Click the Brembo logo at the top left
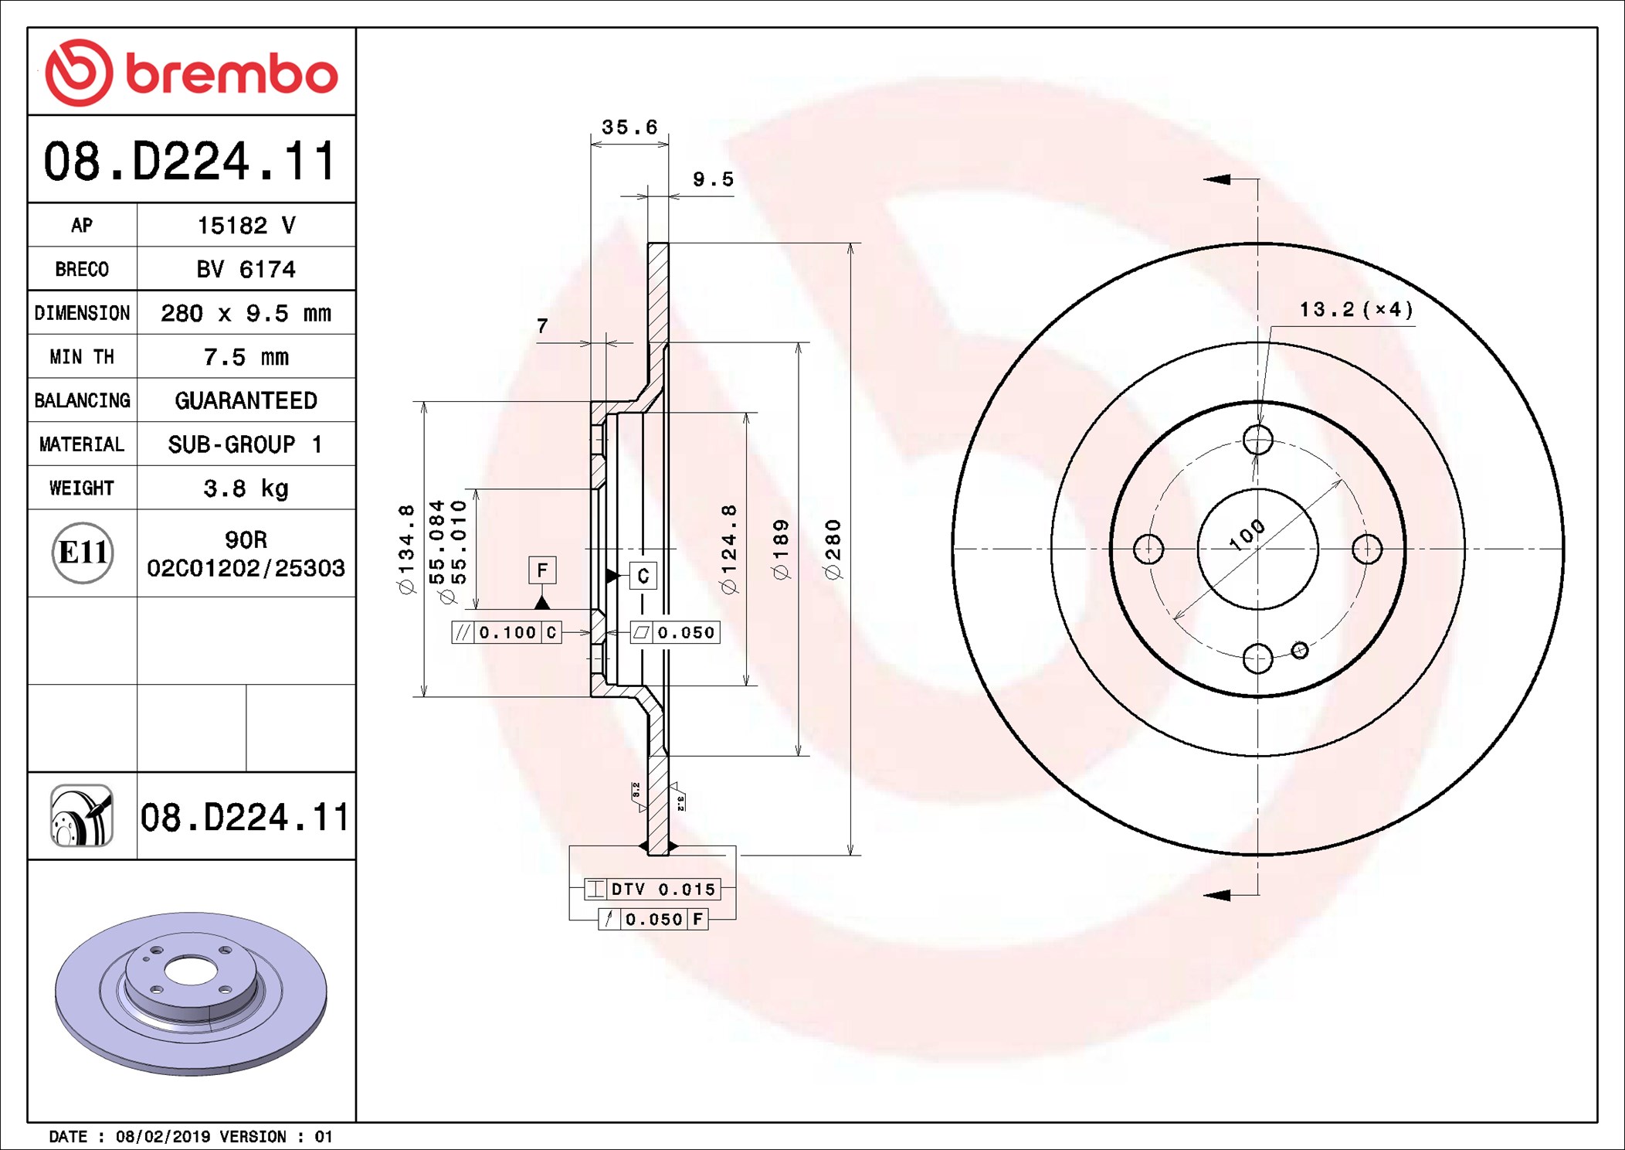[x=191, y=73]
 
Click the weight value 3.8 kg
[x=246, y=488]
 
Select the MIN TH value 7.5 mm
[x=246, y=357]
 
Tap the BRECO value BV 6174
[x=246, y=269]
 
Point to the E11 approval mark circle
[x=83, y=553]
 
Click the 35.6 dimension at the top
[x=629, y=127]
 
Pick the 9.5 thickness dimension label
[x=713, y=179]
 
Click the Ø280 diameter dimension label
[x=833, y=549]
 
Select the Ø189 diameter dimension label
[x=781, y=549]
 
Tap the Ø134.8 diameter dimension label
[x=406, y=549]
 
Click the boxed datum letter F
[x=542, y=570]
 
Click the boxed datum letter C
[x=643, y=576]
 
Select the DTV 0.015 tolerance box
[x=653, y=889]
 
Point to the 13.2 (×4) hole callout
[x=1356, y=310]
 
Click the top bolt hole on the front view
[x=1258, y=440]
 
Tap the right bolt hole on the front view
[x=1367, y=549]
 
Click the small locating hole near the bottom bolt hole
[x=1300, y=650]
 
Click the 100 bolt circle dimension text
[x=1247, y=535]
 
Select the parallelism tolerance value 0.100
[x=507, y=632]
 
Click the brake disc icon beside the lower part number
[x=82, y=816]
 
